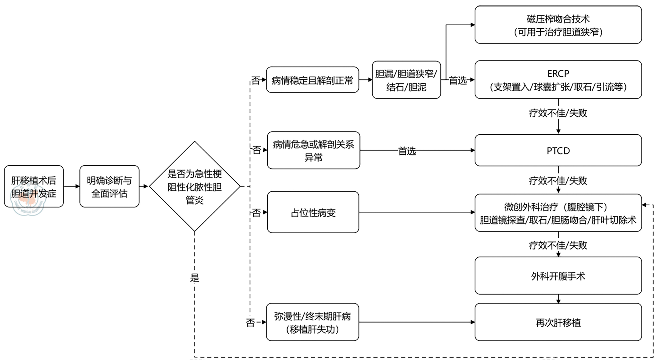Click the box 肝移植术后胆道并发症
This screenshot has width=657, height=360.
pyautogui.click(x=34, y=186)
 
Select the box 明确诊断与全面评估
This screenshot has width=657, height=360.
pyautogui.click(x=109, y=186)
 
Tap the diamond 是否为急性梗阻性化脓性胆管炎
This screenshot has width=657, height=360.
pyautogui.click(x=194, y=186)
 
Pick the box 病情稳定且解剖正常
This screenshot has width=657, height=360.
pyautogui.click(x=312, y=80)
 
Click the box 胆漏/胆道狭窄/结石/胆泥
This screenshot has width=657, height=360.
pyautogui.click(x=406, y=80)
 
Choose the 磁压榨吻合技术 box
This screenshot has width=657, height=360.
pyautogui.click(x=558, y=25)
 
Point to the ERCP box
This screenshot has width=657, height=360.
pyautogui.click(x=558, y=80)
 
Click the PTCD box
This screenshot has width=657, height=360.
pyautogui.click(x=558, y=151)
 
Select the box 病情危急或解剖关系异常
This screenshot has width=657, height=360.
pyautogui.click(x=313, y=151)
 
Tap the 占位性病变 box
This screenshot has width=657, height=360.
pyautogui.click(x=313, y=212)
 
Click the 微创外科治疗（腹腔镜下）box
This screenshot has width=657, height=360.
pyautogui.click(x=558, y=213)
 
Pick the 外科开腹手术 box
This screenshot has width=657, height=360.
pyautogui.click(x=558, y=276)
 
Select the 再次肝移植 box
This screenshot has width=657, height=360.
pyautogui.click(x=558, y=322)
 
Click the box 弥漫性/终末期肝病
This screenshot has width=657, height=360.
pyautogui.click(x=312, y=322)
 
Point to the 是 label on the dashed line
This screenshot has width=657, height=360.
pyautogui.click(x=194, y=278)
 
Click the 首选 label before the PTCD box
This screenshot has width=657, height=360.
pyautogui.click(x=407, y=151)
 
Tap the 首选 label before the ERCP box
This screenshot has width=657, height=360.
pyautogui.click(x=458, y=80)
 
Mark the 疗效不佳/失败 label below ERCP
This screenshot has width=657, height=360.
pyautogui.click(x=558, y=113)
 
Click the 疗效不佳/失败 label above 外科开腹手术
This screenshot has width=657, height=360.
pyautogui.click(x=558, y=245)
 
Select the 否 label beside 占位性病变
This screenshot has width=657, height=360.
pyautogui.click(x=256, y=213)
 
